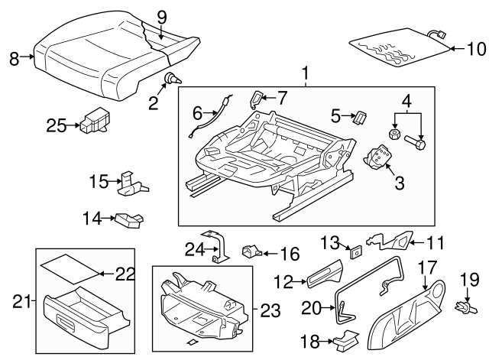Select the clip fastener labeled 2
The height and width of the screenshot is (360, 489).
[173, 78]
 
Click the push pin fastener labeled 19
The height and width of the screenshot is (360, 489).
[461, 308]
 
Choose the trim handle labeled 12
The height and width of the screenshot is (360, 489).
[324, 277]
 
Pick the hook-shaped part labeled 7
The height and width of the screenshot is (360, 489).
[258, 98]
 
